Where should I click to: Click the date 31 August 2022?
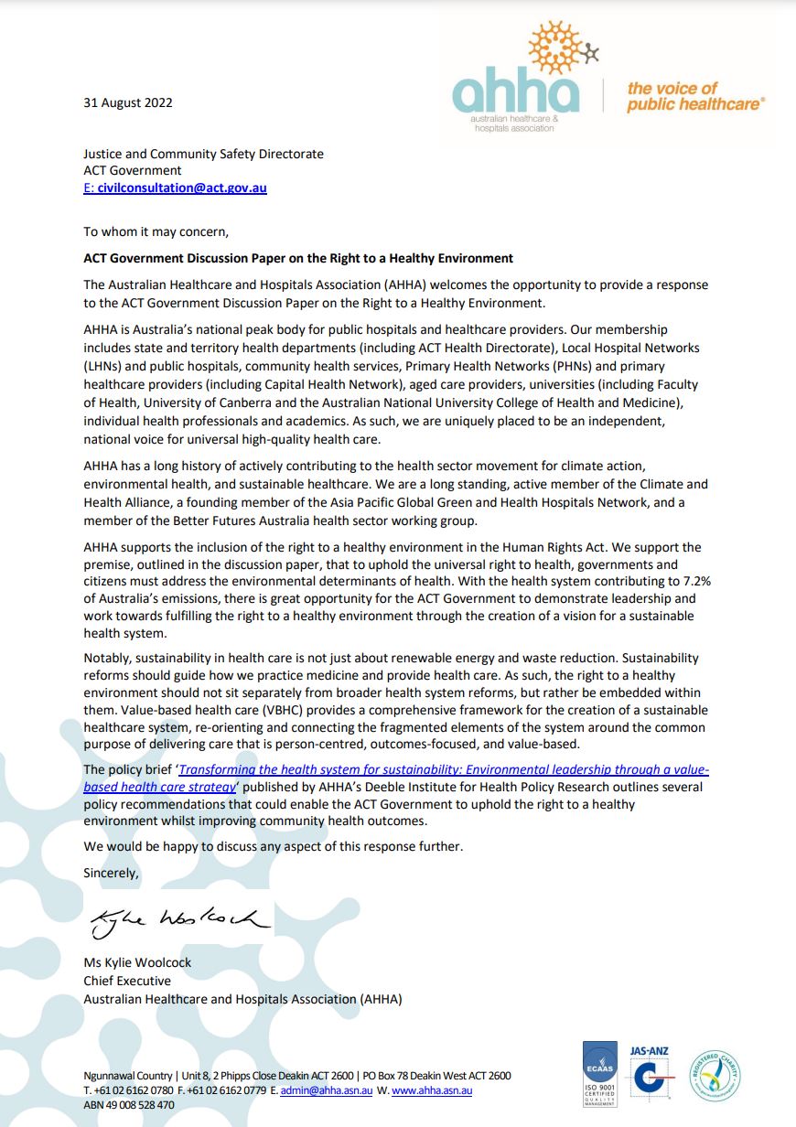[128, 103]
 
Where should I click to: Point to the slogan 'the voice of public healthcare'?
[694, 96]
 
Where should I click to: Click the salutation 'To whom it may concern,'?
[156, 231]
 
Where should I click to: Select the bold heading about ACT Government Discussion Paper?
[298, 258]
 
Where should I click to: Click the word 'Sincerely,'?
[112, 873]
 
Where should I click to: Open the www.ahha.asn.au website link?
[432, 1090]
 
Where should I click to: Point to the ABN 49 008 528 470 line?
[128, 1105]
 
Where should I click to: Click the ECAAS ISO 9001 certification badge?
[600, 1076]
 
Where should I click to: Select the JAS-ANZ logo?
[651, 1076]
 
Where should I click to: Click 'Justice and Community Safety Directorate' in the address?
[203, 154]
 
